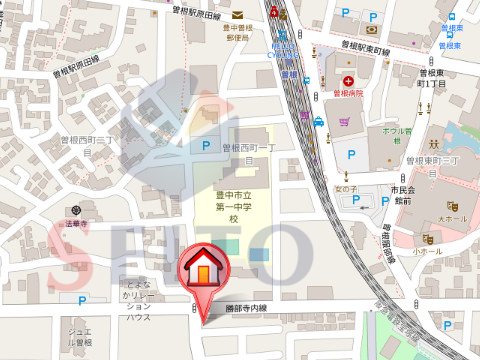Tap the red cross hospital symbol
pyautogui.click(x=347, y=80)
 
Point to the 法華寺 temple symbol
pyautogui.click(x=76, y=211)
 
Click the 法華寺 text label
pyautogui.click(x=78, y=225)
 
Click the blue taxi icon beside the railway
pyautogui.click(x=318, y=122)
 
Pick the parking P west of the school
pyautogui.click(x=206, y=146)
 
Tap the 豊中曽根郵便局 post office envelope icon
pyautogui.click(x=238, y=15)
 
